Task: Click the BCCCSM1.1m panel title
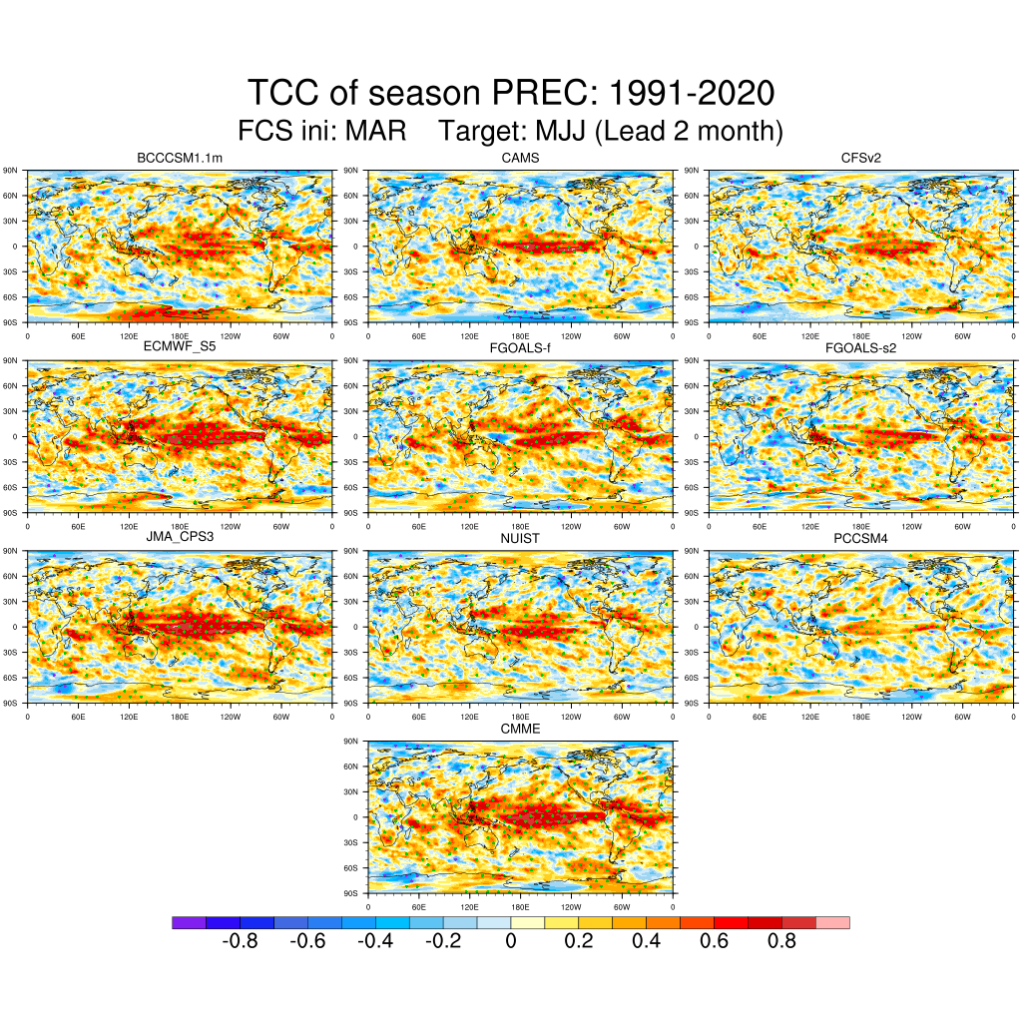[180, 159]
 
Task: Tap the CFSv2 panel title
[861, 159]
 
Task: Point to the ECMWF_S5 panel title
[180, 346]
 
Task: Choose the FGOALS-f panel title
[520, 346]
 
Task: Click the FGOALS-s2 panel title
[861, 346]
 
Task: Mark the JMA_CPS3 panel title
[180, 537]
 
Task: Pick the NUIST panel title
[520, 537]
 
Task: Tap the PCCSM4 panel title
[861, 537]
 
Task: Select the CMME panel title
[520, 729]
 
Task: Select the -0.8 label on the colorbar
[239, 941]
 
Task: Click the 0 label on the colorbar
[510, 941]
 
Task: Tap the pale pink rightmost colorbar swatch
[832, 923]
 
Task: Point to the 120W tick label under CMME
[571, 906]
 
